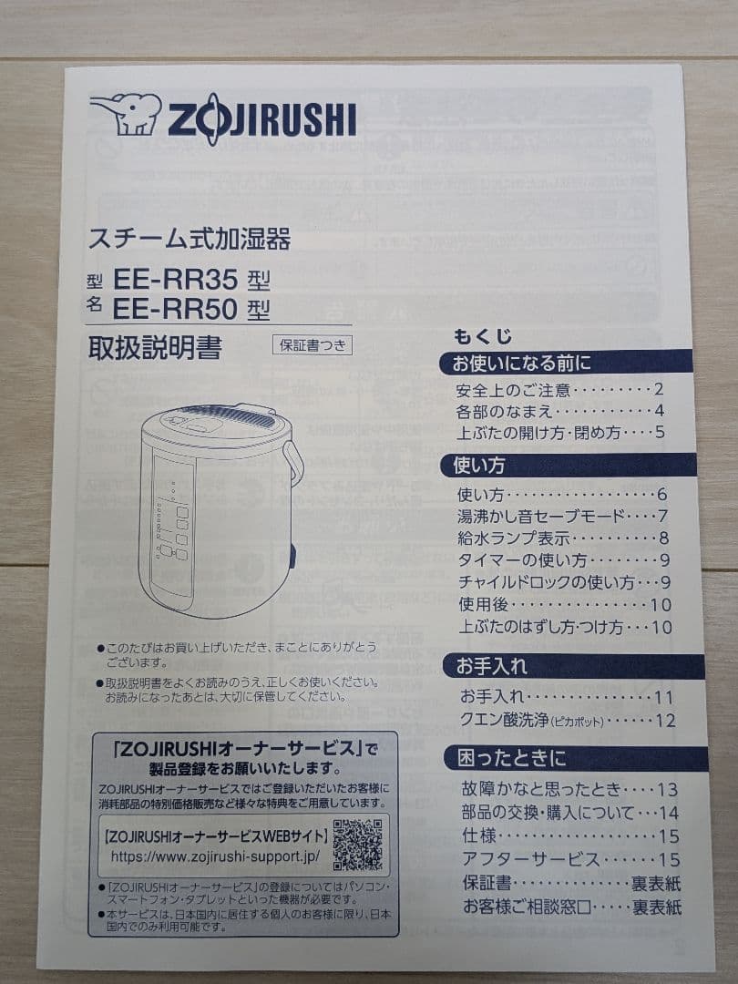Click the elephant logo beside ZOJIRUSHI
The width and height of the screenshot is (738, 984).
(125, 114)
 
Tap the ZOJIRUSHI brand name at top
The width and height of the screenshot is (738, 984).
(261, 120)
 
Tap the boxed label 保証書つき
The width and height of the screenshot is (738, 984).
(311, 345)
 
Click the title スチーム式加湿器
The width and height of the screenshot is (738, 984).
(189, 240)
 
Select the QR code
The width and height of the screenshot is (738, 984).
(357, 844)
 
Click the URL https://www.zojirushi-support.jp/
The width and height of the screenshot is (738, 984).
(215, 857)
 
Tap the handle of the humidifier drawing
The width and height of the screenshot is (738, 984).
(293, 462)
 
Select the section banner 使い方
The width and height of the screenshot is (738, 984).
(479, 466)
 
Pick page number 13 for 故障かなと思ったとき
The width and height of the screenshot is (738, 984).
(667, 790)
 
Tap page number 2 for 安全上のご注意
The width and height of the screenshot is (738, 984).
(659, 390)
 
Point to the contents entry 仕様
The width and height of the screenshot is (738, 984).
(478, 835)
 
